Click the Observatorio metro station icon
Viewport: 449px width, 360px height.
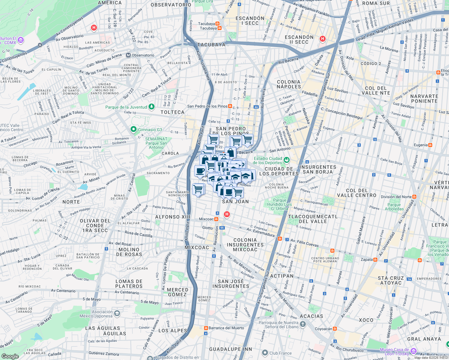click(x=128, y=55)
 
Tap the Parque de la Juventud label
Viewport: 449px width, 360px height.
click(x=126, y=107)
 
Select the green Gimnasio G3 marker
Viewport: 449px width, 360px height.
click(x=134, y=130)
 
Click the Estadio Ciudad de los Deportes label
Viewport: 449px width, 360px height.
click(x=268, y=160)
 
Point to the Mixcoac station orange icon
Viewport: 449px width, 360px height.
click(x=216, y=219)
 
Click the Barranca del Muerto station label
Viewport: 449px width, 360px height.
click(x=226, y=328)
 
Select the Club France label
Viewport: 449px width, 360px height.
click(x=280, y=353)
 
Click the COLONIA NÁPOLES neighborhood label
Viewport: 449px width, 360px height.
click(x=289, y=84)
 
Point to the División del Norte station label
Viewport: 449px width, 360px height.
click(x=396, y=197)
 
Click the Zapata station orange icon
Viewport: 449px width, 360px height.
click(x=375, y=260)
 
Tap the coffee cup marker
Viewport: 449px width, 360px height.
click(x=200, y=172)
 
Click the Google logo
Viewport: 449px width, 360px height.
click(x=10, y=356)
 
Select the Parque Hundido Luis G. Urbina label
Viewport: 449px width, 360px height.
click(x=279, y=204)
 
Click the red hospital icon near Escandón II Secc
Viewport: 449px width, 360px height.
click(x=323, y=39)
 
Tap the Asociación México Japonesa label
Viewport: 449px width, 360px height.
click(x=96, y=314)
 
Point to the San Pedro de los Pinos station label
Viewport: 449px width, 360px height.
click(x=207, y=106)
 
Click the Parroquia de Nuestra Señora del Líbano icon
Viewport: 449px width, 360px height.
click(x=303, y=324)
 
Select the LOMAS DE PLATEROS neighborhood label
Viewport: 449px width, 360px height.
click(x=129, y=284)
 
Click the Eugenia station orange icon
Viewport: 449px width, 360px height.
click(x=430, y=145)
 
